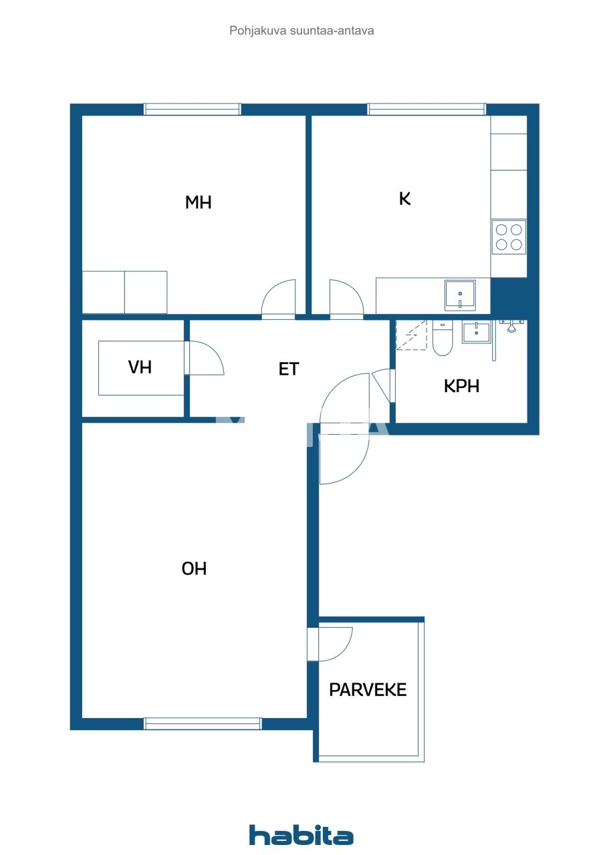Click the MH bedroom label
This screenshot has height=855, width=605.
coord(198,202)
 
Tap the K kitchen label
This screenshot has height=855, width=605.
coord(404,198)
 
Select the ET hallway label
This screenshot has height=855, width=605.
coord(289,369)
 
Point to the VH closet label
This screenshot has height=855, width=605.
coord(140,367)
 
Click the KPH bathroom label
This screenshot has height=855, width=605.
coord(461,386)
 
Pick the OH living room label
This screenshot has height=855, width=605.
coord(195,568)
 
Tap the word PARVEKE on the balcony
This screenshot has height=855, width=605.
coord(368,690)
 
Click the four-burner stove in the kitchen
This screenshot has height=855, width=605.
coord(509,237)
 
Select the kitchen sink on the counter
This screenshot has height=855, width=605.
coord(460,295)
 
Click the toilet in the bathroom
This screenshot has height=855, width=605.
coord(442,339)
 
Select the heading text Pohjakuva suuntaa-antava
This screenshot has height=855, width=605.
coord(301,31)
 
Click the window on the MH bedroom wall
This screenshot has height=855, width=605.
coord(192,110)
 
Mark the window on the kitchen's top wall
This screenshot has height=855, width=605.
coord(427,110)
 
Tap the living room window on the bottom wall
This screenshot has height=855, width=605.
coord(203,723)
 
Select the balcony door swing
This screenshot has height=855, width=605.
coord(333,644)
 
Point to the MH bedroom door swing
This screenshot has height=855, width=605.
coord(278,299)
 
